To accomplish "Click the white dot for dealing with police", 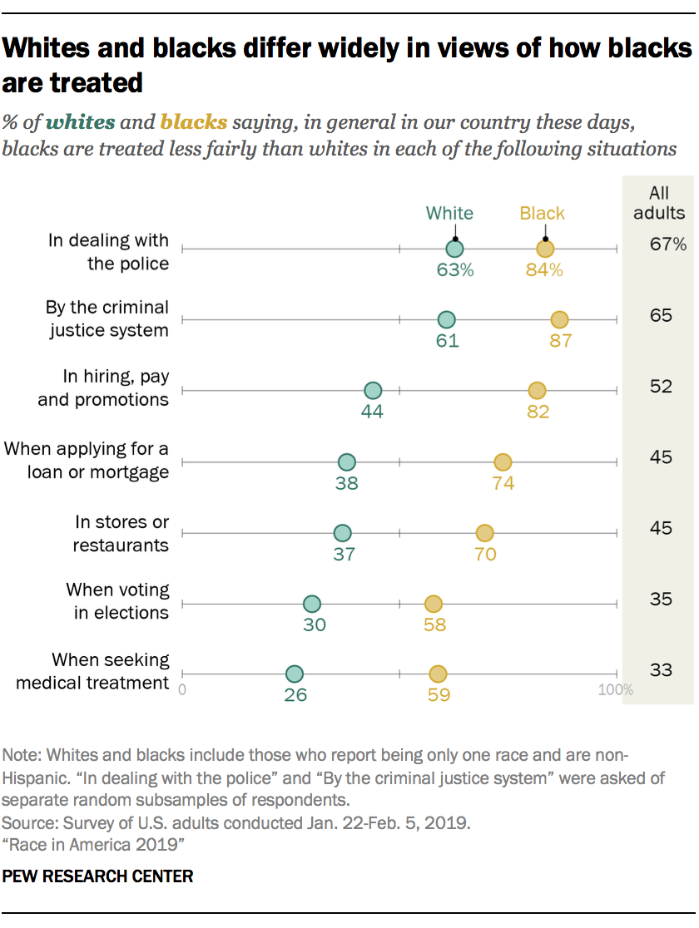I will tap(454, 249).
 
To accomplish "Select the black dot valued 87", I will tap(559, 320).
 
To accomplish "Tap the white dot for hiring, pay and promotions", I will tap(373, 391).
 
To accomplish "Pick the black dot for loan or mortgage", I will tap(503, 462).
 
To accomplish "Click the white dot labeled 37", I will tap(342, 533).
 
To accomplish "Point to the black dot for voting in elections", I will tap(433, 604).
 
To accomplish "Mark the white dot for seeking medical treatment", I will tap(294, 674).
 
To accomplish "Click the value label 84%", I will tap(544, 270).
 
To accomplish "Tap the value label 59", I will tap(439, 695).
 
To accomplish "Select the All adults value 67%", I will tap(668, 244).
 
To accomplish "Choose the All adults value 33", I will tap(661, 669).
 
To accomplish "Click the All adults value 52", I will tap(661, 387).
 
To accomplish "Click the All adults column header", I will tap(659, 203).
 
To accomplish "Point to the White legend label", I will tap(449, 213).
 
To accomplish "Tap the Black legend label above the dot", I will tap(542, 213).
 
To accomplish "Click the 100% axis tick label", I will tap(615, 690).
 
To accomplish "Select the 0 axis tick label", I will tap(183, 690).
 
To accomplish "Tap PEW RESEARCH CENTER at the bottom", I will tap(99, 876).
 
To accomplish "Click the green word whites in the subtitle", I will tap(81, 123).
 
